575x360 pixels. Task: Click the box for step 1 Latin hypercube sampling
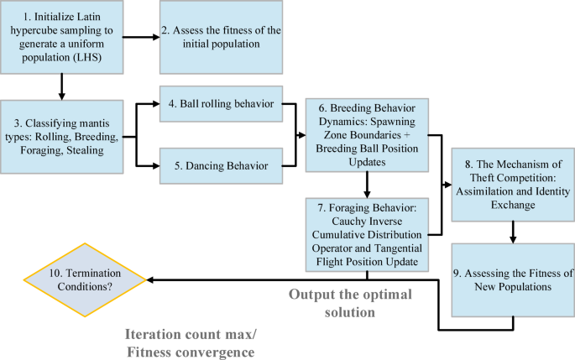(x=64, y=38)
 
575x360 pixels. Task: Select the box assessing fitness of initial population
(x=220, y=38)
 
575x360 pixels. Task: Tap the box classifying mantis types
(x=64, y=133)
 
